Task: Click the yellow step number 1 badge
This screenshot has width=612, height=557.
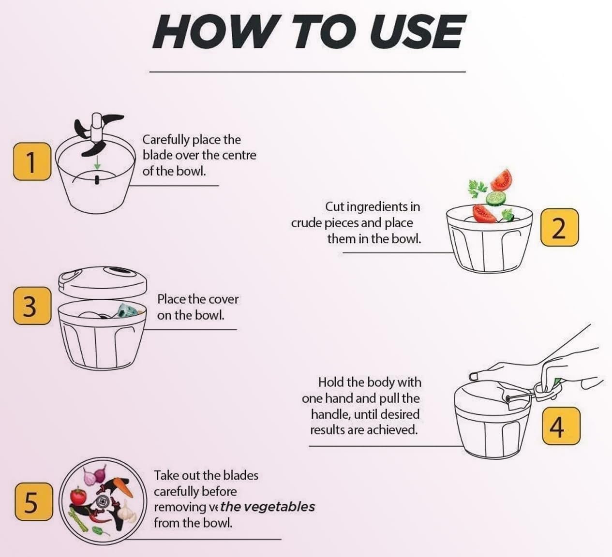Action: pos(32,161)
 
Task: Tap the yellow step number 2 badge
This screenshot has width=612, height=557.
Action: pos(559,227)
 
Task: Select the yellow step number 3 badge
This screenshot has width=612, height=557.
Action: pos(32,306)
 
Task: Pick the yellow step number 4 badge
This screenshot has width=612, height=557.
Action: pos(561,425)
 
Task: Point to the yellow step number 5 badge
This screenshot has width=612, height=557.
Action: pos(33,501)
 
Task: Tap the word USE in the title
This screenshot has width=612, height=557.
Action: pos(418,32)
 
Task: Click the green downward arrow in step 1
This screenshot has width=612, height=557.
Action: pos(97,162)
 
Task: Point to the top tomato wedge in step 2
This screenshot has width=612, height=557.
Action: pos(501,180)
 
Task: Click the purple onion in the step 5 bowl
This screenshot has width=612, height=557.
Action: pos(100,474)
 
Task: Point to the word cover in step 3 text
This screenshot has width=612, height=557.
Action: pos(224,299)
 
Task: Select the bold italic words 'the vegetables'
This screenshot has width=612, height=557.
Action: pos(268,507)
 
